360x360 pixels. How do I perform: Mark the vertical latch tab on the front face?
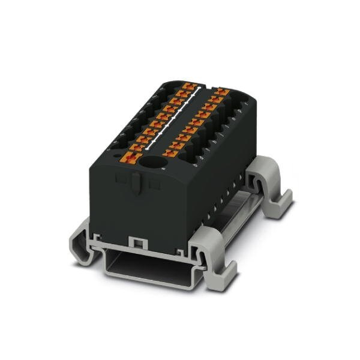point(137,183)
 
